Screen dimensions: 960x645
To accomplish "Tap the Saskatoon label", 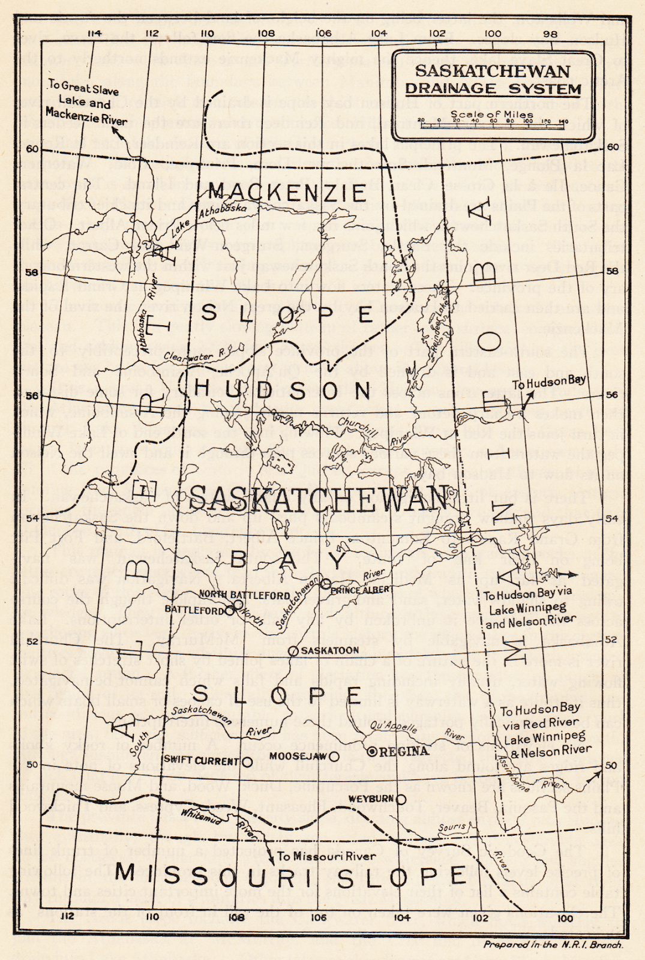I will (329, 650).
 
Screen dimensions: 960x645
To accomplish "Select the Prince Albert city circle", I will (325, 583).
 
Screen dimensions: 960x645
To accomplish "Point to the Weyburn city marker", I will (400, 799).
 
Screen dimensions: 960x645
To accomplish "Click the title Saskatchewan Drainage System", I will (492, 80).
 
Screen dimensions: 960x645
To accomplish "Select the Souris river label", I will (452, 827).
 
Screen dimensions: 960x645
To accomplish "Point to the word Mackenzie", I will (287, 193).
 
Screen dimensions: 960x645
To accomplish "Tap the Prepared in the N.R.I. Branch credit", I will (553, 944).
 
